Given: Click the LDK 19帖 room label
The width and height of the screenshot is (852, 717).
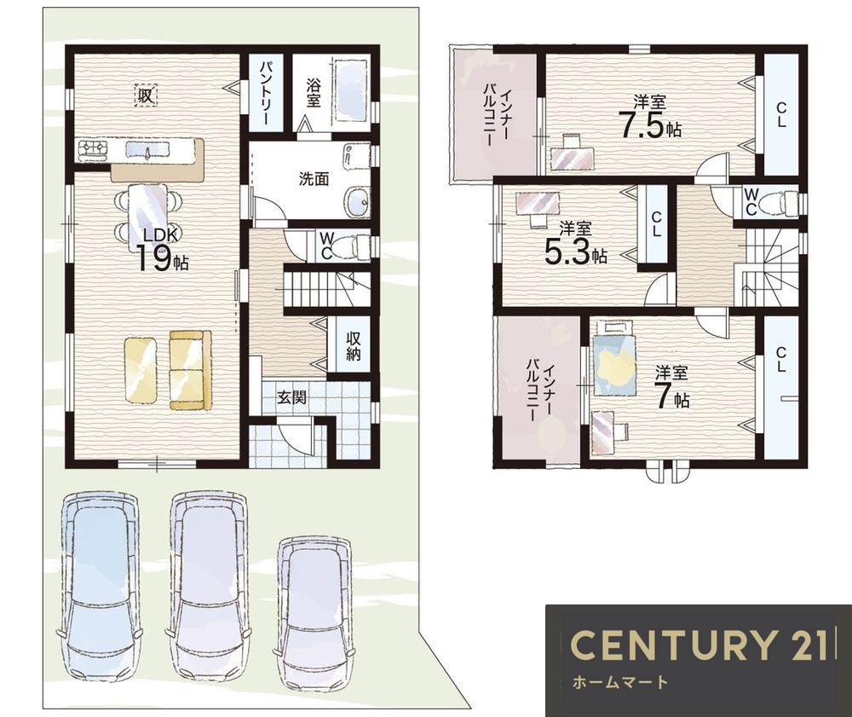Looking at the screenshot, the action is tap(162, 250).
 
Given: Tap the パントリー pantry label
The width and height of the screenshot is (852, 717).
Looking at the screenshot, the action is tap(266, 94).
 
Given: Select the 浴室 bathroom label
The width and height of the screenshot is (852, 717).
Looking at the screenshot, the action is tap(313, 92).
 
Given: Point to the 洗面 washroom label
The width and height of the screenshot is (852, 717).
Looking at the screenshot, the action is tap(314, 179).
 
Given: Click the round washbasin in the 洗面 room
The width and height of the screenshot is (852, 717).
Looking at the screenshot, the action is tap(357, 203).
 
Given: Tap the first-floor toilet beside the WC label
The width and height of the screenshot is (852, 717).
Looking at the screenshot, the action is tap(357, 246).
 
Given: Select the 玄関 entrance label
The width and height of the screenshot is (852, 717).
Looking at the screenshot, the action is tap(291, 397).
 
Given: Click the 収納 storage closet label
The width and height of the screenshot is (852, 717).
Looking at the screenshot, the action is tap(354, 345).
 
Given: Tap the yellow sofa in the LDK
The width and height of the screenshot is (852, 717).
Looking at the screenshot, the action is tap(190, 370).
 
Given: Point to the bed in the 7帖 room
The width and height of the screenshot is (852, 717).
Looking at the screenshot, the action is tap(614, 359).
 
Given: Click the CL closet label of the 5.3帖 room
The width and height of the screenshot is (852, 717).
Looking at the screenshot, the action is tap(656, 223).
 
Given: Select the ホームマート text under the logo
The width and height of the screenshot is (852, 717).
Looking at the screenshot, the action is tap(619, 682).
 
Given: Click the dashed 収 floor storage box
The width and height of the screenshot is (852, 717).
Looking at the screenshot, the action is tap(145, 95).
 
